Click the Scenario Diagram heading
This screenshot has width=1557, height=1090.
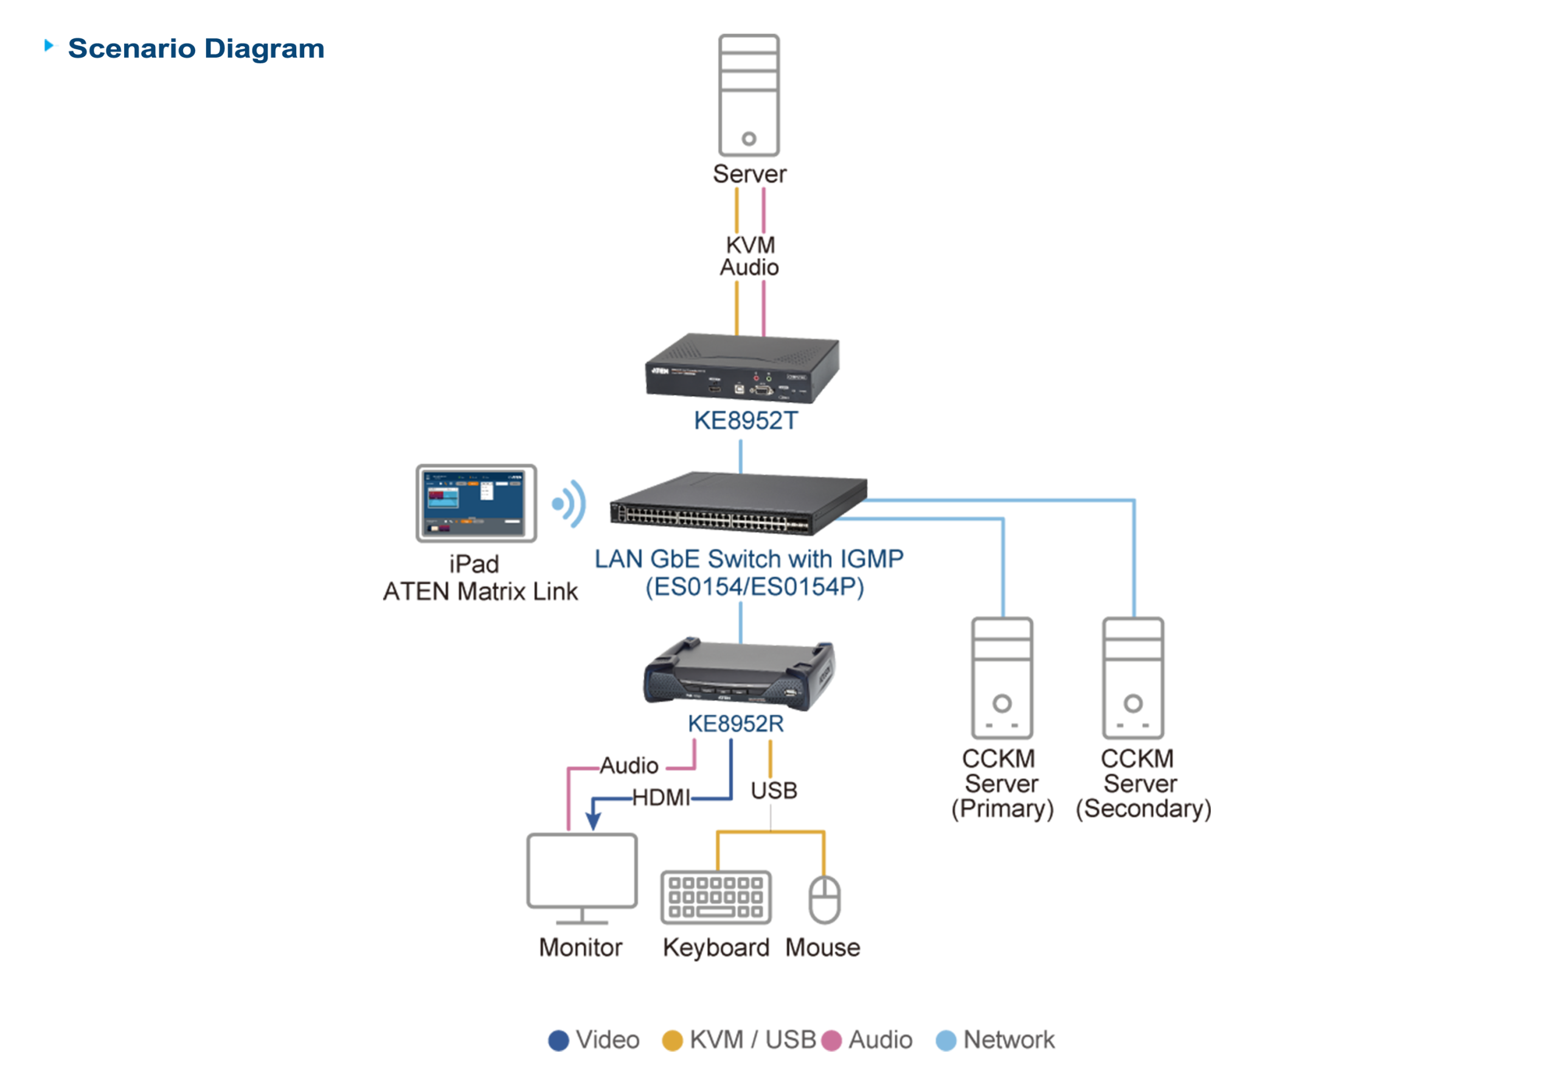[195, 49]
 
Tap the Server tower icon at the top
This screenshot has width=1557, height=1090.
[749, 95]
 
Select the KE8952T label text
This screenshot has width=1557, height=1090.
[745, 421]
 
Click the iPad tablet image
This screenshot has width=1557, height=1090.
[476, 503]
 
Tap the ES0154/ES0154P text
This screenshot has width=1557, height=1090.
[754, 588]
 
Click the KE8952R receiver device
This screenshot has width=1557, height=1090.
[739, 675]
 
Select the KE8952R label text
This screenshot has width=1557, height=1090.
[736, 724]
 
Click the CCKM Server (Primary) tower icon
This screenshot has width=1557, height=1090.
[1002, 678]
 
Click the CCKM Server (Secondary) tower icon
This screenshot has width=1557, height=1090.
[1132, 678]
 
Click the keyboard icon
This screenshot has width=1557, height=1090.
[715, 897]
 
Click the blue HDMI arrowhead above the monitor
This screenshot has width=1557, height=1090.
[594, 821]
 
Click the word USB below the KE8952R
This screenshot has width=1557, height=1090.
[774, 791]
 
